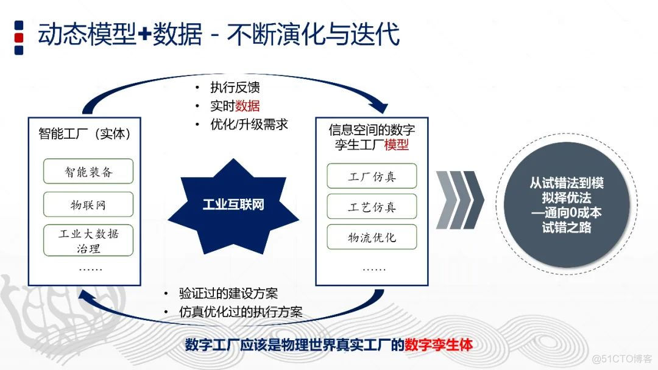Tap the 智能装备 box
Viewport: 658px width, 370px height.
coord(88,172)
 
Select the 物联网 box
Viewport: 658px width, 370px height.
coord(88,204)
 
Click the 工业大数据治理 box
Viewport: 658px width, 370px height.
coord(88,240)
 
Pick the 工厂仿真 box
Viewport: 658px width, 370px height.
coord(372,176)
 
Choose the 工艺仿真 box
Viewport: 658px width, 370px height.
coord(372,206)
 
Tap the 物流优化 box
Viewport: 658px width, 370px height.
coord(372,237)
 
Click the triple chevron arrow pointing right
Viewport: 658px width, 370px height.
coord(459,199)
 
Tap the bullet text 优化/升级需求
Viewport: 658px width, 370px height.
coord(249,124)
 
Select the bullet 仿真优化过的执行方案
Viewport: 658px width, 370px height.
coord(240,312)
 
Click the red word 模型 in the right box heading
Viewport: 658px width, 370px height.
coord(397,145)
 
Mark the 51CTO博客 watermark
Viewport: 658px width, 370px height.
coord(621,358)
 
